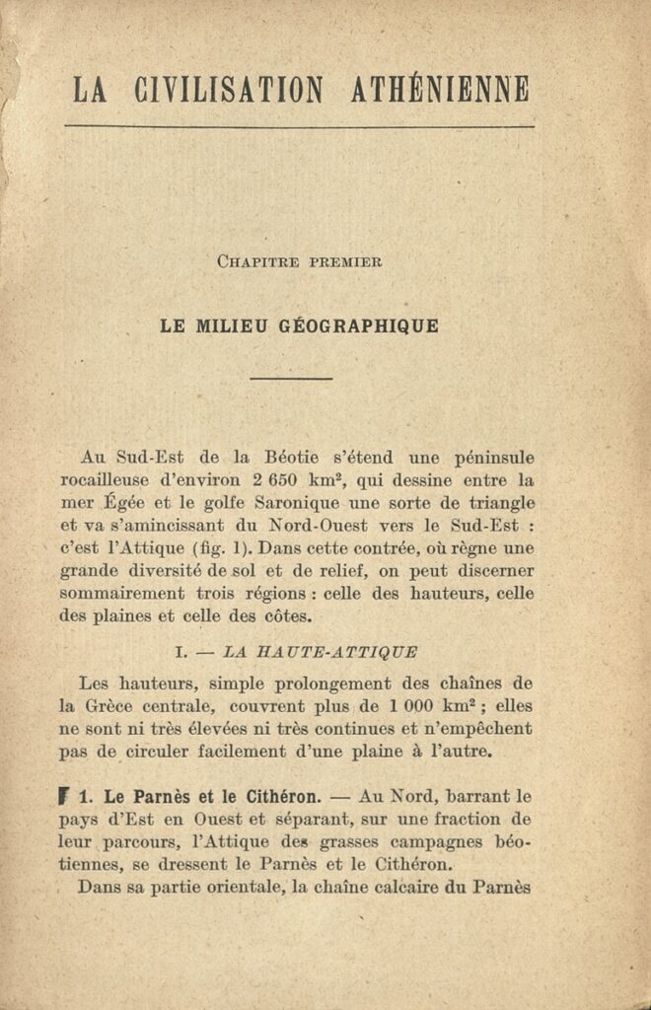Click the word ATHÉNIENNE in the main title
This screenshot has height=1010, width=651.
tap(440, 90)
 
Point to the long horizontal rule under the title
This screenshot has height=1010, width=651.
tap(299, 126)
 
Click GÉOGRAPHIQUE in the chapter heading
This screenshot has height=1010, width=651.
tap(364, 326)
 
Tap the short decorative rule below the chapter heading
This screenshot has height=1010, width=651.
tap(291, 378)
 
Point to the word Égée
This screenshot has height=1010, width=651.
tap(119, 503)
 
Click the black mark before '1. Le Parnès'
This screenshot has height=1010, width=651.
tap(64, 796)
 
